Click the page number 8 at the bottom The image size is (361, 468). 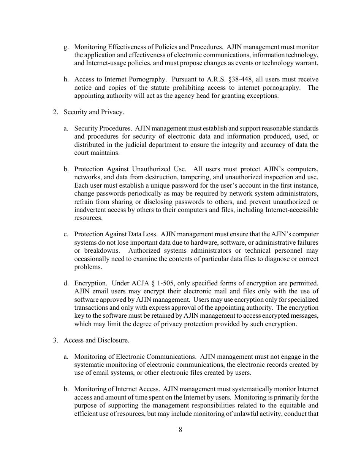point(180,430)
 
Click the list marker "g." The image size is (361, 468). point(66,47)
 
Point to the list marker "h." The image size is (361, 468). point(66,80)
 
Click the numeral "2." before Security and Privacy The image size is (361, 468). point(55,112)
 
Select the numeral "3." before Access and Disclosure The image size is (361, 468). point(55,340)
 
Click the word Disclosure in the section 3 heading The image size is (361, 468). point(114,340)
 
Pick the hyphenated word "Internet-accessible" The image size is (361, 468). point(289,210)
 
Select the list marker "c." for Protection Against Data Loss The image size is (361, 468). point(66,234)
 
